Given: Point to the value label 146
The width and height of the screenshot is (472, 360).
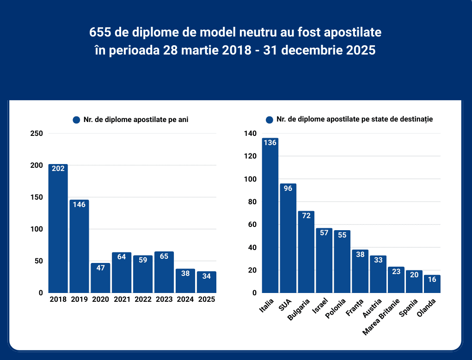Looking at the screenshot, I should click(x=80, y=204).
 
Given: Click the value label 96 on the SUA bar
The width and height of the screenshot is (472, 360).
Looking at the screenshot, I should click(x=288, y=188).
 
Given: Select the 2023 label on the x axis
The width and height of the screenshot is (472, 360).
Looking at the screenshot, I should click(x=165, y=299).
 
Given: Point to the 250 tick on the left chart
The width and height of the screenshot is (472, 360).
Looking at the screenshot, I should click(x=37, y=134).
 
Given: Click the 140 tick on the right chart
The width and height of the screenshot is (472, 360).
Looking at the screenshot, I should click(x=250, y=134).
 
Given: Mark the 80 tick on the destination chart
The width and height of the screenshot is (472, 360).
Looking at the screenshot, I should click(x=252, y=202).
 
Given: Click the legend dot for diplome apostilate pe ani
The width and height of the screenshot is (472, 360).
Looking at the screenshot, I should click(x=77, y=120).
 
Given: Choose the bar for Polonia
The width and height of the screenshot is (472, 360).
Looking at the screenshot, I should click(x=342, y=261).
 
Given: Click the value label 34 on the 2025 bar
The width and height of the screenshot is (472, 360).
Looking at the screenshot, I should click(x=207, y=276).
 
